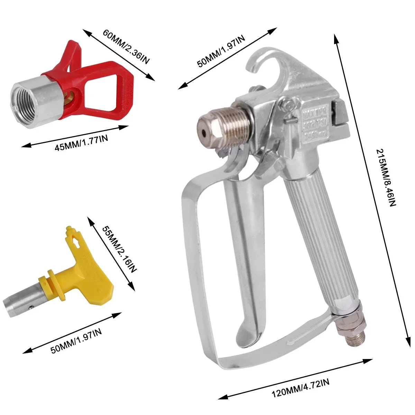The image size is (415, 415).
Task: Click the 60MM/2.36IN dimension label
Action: tap(126, 47)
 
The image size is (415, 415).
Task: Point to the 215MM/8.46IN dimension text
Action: tap(386, 178)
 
